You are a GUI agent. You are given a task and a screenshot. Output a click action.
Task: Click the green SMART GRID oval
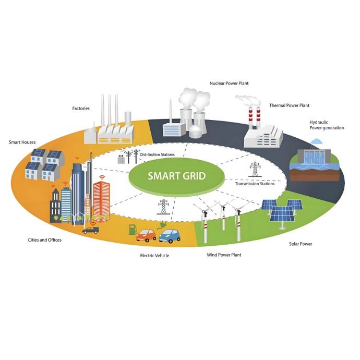[x=177, y=176]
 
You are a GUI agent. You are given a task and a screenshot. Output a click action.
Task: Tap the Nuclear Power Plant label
[x=229, y=83]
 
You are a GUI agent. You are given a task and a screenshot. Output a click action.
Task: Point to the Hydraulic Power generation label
[x=326, y=125]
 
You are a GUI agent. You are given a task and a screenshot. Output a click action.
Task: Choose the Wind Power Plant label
[x=224, y=255]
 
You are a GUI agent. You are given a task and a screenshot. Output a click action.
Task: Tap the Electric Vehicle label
[x=154, y=256]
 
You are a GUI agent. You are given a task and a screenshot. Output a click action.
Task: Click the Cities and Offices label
[x=45, y=240]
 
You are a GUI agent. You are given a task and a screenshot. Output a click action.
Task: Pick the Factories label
[x=81, y=109]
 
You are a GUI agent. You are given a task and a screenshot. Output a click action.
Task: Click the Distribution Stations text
[x=157, y=154]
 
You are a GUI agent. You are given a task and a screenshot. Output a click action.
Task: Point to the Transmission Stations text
[x=255, y=184]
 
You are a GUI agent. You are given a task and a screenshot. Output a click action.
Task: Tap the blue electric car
[x=169, y=236]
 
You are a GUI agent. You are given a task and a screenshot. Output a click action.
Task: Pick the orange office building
[x=101, y=199]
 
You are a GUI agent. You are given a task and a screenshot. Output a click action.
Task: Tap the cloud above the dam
[x=316, y=141]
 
